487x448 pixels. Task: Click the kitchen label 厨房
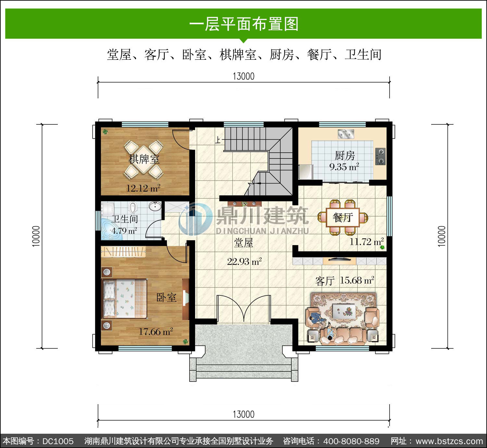click(344, 156)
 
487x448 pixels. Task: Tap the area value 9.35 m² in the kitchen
click(344, 167)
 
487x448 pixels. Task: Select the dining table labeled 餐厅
click(343, 217)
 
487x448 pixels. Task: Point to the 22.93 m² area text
click(244, 262)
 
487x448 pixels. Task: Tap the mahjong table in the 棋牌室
click(144, 159)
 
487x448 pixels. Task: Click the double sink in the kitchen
click(346, 134)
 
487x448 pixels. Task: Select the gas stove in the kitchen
click(380, 156)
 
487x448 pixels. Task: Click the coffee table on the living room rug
click(344, 311)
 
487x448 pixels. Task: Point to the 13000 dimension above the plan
click(243, 76)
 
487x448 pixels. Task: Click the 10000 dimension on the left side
click(36, 236)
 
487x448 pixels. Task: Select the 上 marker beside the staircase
click(218, 140)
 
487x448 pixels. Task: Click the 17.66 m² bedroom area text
click(156, 331)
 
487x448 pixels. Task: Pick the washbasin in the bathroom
click(155, 206)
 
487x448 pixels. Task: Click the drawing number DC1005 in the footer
click(58, 441)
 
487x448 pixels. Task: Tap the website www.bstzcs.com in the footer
click(449, 441)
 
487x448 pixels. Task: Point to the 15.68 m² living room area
click(356, 280)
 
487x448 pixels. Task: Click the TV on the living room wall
click(339, 260)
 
